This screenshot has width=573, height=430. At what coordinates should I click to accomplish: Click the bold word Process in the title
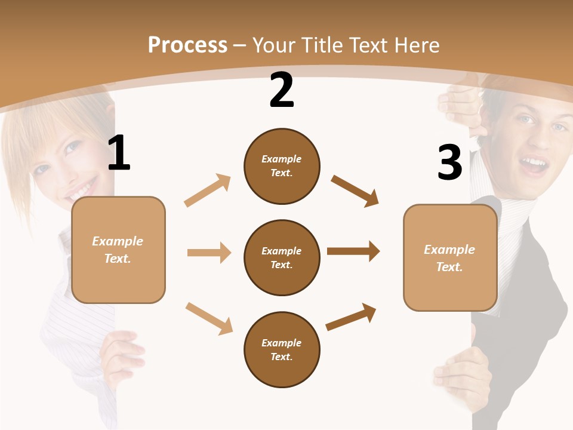coord(187,45)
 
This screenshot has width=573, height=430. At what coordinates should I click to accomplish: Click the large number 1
coord(119,153)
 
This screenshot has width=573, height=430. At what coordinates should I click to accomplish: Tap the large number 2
coord(282,90)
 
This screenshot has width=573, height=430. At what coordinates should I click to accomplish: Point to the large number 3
coord(449,162)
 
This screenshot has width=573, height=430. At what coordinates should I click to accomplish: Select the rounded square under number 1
coord(118,250)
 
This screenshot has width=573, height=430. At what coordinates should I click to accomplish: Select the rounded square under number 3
coord(450,257)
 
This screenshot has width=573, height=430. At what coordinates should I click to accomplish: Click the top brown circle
coord(282,166)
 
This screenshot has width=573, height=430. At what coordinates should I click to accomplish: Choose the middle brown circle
coord(282,257)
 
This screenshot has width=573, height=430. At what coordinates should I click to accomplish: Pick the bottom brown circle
coord(282,349)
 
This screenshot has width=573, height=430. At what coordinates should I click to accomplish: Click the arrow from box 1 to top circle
coord(208,191)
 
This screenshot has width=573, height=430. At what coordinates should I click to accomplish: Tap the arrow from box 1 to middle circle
coord(209,253)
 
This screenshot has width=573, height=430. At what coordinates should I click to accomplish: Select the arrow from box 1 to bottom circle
coord(209,318)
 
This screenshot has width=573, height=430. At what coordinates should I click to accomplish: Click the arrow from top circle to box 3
coord(355,191)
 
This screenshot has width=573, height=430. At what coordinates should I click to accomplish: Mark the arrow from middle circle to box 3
coord(353,251)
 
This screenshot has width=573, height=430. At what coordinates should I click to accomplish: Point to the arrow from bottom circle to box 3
coord(351,317)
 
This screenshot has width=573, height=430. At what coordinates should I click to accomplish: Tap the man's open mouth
coord(534,164)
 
